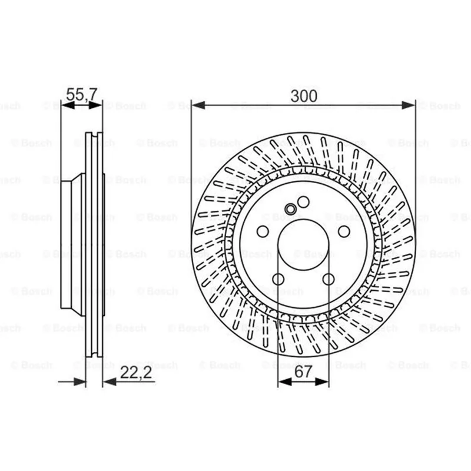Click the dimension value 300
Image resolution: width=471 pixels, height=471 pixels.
point(304,96)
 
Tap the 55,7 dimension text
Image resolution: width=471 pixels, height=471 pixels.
point(82,94)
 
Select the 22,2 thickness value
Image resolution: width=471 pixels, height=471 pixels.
point(136,373)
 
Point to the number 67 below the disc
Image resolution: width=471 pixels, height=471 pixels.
point(303,372)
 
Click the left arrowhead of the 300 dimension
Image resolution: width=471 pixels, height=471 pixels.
point(198,105)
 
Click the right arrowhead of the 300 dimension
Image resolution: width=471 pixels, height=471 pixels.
point(409,105)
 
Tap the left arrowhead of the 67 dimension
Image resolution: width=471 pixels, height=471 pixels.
point(285,382)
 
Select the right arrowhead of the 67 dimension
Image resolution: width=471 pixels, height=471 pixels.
point(322,382)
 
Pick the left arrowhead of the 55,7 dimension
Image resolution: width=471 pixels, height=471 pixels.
point(68,105)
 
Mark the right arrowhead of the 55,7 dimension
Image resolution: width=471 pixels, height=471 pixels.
point(95,105)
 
